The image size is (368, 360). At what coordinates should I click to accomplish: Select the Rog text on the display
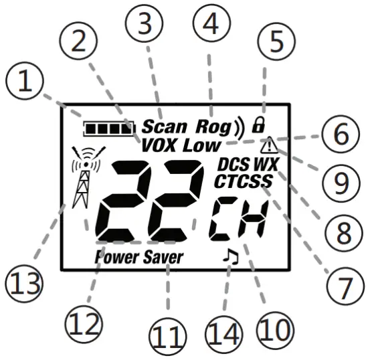tap(212, 125)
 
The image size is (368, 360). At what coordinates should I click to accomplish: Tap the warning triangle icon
tap(271, 144)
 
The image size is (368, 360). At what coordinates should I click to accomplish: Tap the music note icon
tap(230, 256)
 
